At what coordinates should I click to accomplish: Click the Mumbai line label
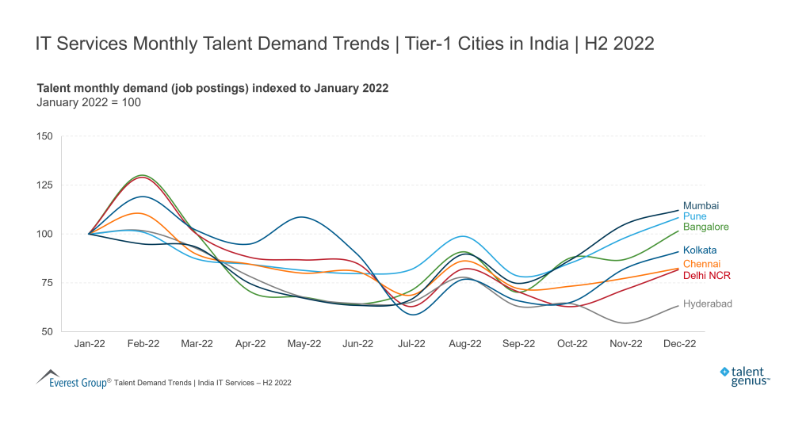point(701,205)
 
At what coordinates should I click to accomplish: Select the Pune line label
point(694,216)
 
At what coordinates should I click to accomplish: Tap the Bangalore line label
point(705,227)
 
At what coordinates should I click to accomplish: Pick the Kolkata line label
point(700,250)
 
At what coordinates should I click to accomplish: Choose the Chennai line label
point(701,263)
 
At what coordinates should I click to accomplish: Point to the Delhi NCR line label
point(706,275)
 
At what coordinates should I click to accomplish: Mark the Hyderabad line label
point(707,304)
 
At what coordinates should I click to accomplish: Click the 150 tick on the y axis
point(44,136)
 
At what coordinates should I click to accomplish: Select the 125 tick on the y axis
point(44,185)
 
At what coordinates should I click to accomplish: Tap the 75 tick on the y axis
point(47,282)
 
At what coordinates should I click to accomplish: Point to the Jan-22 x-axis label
point(89,344)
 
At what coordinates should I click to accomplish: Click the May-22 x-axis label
point(304,344)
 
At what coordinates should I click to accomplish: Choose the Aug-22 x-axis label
point(464,344)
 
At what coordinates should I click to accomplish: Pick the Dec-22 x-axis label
point(679,344)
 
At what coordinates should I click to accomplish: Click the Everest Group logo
point(72,379)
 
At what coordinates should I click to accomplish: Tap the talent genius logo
point(745,376)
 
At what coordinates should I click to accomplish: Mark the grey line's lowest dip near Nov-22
point(626,323)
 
